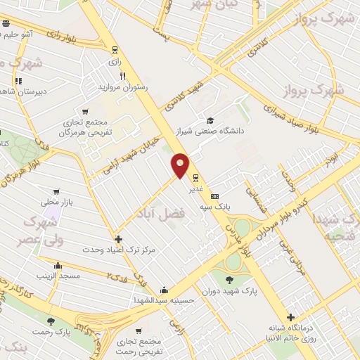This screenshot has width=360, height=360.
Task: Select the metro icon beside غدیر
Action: (x=195, y=178)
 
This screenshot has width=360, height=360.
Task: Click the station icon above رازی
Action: (x=115, y=50)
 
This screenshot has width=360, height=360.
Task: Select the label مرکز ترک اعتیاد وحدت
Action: (x=117, y=250)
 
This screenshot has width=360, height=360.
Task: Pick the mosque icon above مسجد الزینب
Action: (x=58, y=266)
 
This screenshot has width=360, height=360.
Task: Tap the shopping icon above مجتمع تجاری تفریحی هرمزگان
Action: (x=85, y=111)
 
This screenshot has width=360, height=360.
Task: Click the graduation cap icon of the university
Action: (x=209, y=120)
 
